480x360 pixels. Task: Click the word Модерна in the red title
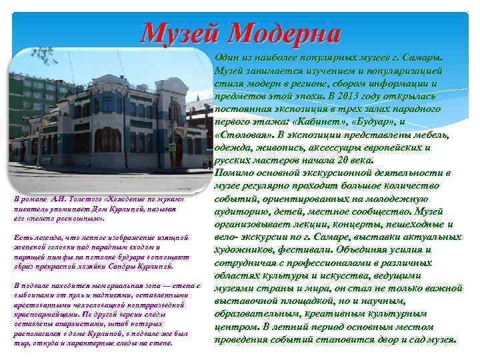286,31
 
